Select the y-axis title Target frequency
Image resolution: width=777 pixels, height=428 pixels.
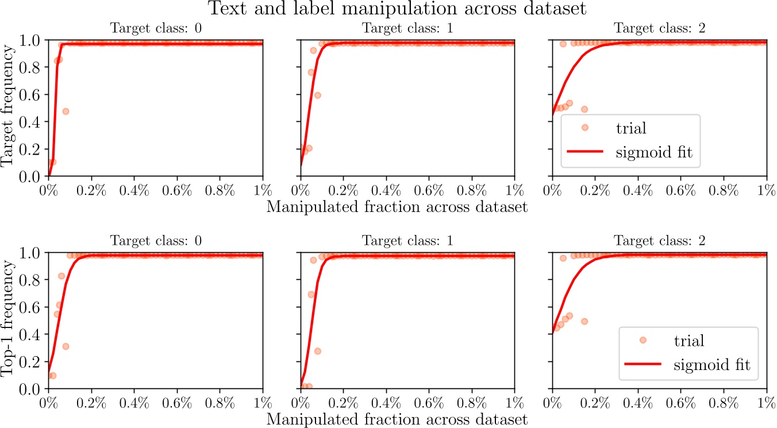9,108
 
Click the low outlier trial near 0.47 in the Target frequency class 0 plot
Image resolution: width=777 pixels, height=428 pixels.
66,111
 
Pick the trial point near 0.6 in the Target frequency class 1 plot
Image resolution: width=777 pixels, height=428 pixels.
317,95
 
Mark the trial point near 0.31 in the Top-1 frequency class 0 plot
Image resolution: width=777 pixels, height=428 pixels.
66,346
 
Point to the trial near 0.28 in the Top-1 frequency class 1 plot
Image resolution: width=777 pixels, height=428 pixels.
317,351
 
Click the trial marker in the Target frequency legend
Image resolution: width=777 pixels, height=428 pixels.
584,128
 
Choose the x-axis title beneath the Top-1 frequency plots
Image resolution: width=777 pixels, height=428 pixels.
397,419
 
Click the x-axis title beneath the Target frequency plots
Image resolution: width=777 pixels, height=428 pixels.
397,206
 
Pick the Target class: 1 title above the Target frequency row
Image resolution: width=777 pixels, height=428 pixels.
407,28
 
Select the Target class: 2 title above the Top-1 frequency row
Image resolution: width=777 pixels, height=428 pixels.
659,240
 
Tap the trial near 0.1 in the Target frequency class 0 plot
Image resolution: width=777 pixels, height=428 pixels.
53,162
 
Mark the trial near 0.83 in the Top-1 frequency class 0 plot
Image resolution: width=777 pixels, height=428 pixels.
61,276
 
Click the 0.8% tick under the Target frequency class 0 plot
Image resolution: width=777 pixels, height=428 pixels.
220,190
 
